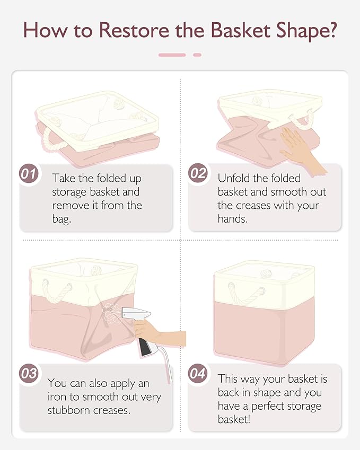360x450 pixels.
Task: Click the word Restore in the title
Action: (x=134, y=30)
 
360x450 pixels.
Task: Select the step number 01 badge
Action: (x=29, y=174)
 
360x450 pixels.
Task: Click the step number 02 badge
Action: (x=198, y=173)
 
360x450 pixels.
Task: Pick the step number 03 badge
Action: (x=29, y=373)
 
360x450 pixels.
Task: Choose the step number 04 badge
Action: (x=198, y=373)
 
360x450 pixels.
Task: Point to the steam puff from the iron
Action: (x=111, y=313)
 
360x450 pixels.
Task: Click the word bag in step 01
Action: (x=62, y=219)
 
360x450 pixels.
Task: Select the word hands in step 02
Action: (x=233, y=219)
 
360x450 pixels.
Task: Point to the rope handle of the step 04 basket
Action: (x=247, y=294)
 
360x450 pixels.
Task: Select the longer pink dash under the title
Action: (x=172, y=55)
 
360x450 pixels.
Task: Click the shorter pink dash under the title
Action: (x=197, y=55)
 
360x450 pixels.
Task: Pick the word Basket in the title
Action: (x=241, y=30)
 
